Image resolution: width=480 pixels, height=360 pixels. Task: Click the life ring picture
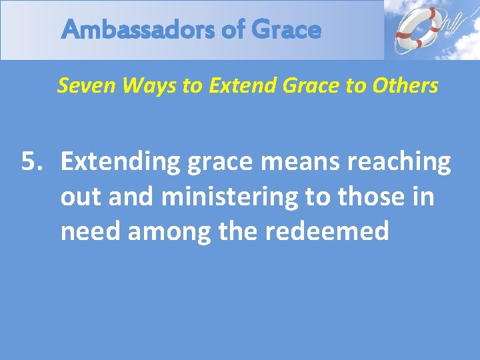coord(417,29)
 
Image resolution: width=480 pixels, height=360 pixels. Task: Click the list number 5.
coord(29,162)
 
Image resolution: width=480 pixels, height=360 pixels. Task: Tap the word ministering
coord(229,197)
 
